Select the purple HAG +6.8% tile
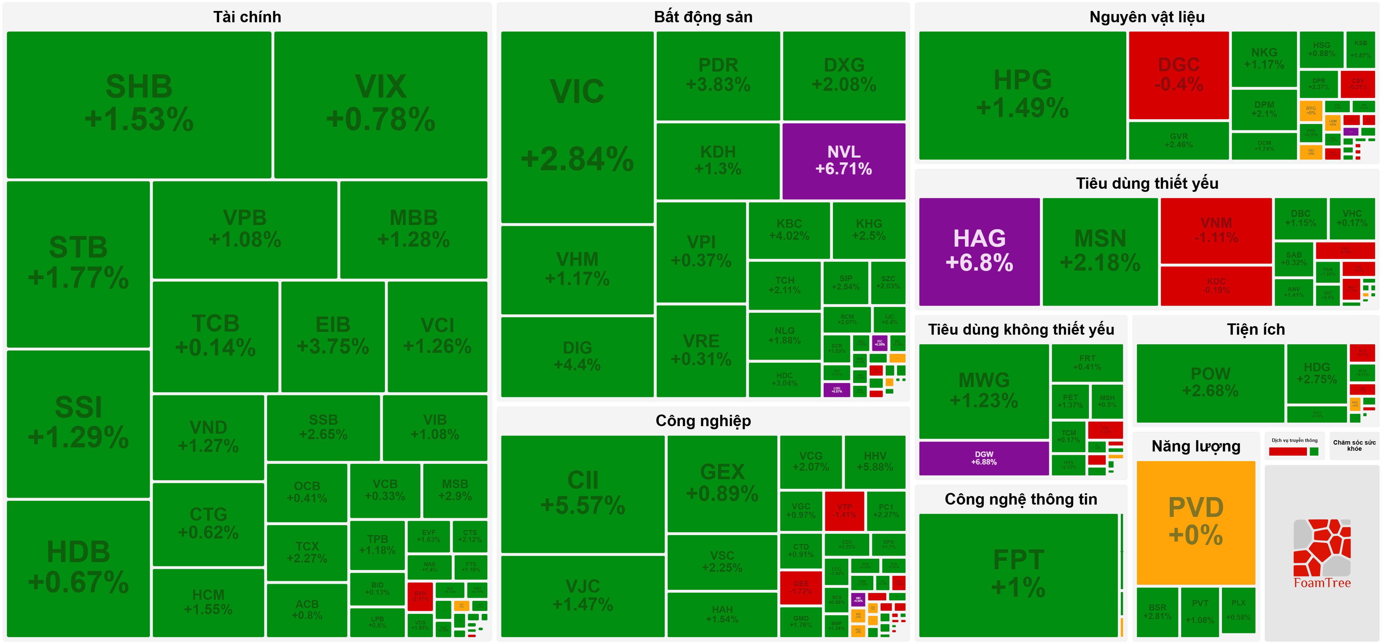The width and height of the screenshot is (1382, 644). (979, 251)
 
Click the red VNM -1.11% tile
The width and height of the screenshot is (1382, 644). (1216, 230)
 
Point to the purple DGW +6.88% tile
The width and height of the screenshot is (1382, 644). (983, 458)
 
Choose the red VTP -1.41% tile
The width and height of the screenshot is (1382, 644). (845, 510)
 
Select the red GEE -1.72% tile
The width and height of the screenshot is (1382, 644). (800, 587)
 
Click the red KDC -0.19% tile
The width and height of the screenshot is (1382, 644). (1216, 285)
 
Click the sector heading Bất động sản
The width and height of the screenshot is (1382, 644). (703, 17)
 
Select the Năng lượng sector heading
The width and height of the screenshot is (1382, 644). (1196, 446)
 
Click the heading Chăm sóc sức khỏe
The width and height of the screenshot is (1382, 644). (1354, 445)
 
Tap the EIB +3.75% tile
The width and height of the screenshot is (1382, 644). (332, 336)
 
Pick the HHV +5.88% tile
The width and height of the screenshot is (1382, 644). (874, 461)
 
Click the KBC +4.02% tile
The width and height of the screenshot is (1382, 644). (789, 230)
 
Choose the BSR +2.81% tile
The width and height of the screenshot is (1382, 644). (1157, 611)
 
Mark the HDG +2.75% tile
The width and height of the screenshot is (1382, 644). (1317, 373)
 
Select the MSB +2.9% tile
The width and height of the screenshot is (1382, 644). (455, 490)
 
